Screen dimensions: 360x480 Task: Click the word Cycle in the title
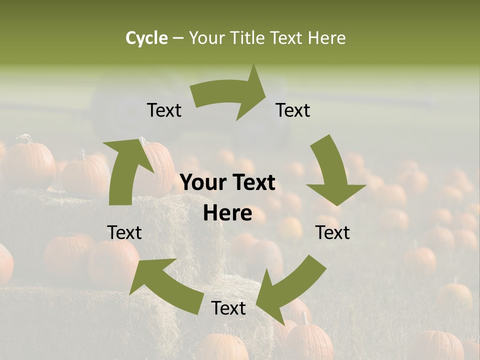[x=146, y=38]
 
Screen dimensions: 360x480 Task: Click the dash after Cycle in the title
[x=177, y=38]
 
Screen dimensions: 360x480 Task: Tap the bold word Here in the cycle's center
[x=227, y=213]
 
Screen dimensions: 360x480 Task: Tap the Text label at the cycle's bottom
[x=228, y=308]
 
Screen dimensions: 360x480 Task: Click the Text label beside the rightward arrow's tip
[x=293, y=110]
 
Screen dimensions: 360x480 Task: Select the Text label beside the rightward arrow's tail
[x=164, y=110]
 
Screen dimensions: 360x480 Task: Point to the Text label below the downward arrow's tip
[x=332, y=232]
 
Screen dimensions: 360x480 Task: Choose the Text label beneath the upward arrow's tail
[x=124, y=232]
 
